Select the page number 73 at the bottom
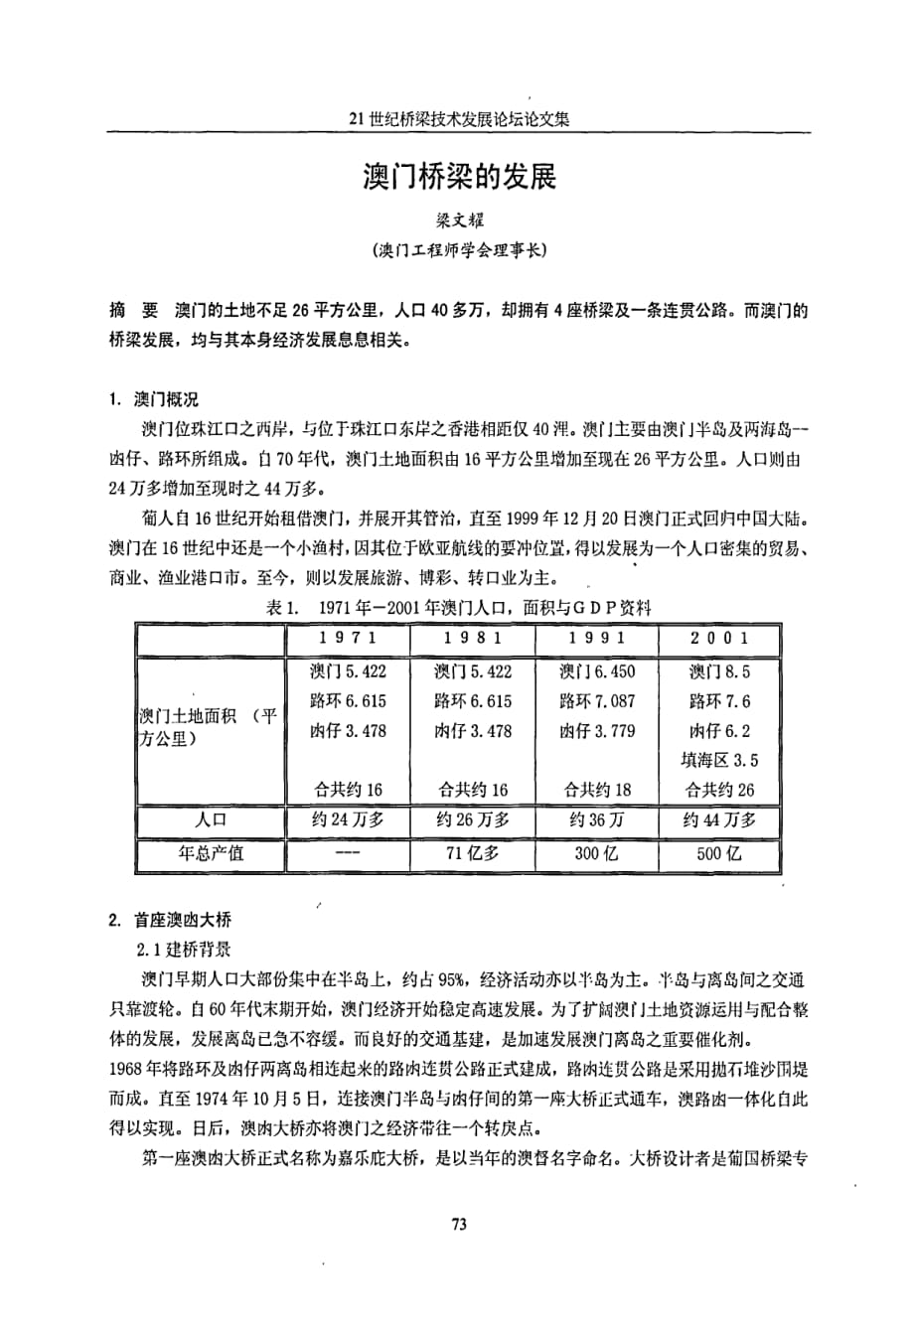point(458,1224)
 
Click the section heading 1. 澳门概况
point(154,400)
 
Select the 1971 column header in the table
point(348,639)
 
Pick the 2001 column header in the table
point(719,639)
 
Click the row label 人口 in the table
point(211,820)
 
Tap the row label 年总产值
point(211,853)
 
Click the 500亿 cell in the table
point(719,853)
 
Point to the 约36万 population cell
point(597,820)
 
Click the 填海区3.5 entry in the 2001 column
point(719,761)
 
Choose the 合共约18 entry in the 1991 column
point(597,791)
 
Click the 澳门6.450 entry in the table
point(597,671)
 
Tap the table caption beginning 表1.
point(458,608)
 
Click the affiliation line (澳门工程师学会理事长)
point(458,251)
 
